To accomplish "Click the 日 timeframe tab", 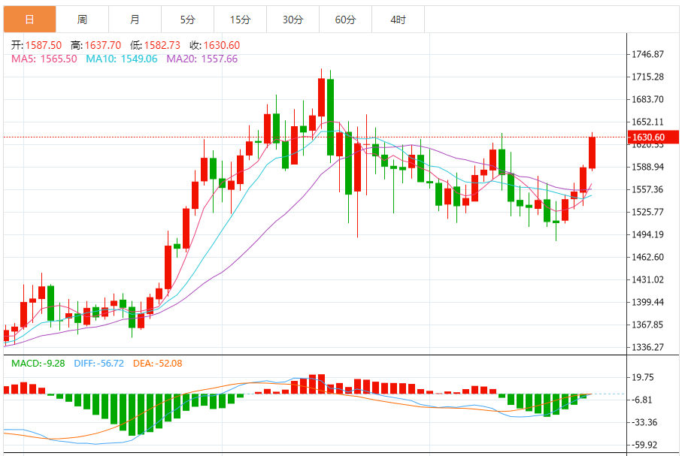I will (x=29, y=20).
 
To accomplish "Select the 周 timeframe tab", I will (x=82, y=20).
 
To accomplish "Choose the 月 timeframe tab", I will (x=135, y=20).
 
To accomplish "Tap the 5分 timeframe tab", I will (x=187, y=20).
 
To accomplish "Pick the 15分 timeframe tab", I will (x=240, y=20).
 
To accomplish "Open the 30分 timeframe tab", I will (x=292, y=20).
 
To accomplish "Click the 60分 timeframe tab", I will (x=345, y=20).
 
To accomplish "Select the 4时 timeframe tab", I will (x=398, y=20).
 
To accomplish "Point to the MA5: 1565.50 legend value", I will (x=44, y=59).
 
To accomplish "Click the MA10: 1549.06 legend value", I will (x=122, y=59).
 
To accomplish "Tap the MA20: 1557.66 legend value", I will (x=202, y=59).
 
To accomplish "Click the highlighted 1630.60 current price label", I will (x=648, y=137).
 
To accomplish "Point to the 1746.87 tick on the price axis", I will (x=648, y=55).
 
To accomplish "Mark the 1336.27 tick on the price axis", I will (x=648, y=348).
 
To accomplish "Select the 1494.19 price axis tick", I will (x=648, y=235).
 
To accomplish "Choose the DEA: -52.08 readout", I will (x=158, y=364).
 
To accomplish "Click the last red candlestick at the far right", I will (x=592, y=153).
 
